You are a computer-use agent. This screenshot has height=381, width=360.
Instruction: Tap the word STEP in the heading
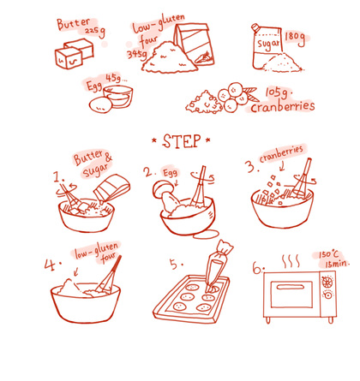pos(182,141)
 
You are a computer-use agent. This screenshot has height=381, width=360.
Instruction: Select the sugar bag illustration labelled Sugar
pos(267,46)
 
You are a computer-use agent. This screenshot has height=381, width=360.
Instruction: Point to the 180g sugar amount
pos(295,39)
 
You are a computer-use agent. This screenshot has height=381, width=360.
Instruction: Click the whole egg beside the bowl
pos(100,105)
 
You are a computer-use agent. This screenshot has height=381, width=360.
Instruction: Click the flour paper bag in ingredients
pos(195,44)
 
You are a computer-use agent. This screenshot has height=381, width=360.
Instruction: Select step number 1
pos(58,177)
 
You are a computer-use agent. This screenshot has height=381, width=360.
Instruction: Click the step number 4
pos(51,265)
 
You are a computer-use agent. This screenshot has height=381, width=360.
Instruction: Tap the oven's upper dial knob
pos(327,283)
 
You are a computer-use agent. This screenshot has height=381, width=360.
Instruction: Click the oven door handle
pos(291,287)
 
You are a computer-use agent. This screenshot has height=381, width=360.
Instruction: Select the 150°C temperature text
pos(329,254)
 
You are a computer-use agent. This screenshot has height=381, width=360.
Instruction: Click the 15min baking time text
pos(337,264)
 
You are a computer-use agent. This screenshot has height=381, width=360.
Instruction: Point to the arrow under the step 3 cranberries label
pos(283,166)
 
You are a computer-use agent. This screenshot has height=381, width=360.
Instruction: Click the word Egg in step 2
pos(170,173)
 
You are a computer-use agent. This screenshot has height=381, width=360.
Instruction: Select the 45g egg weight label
pos(114,79)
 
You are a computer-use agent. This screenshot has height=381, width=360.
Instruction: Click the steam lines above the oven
pos(291,261)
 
